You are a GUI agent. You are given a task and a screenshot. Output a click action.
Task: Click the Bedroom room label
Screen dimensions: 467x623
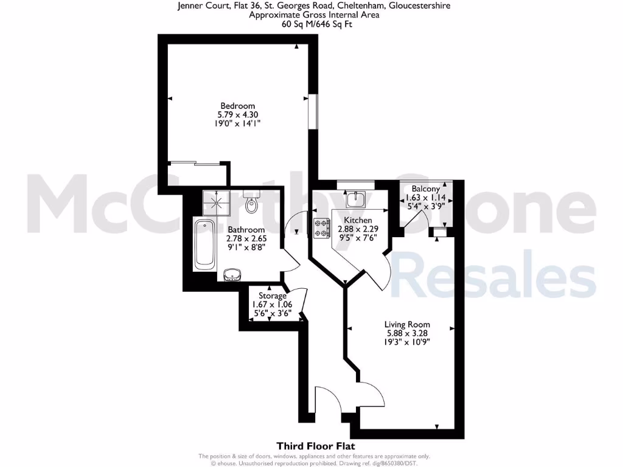[237, 105]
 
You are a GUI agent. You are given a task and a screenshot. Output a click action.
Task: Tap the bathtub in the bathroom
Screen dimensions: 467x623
[204, 244]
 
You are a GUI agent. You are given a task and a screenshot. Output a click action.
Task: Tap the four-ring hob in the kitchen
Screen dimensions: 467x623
[321, 229]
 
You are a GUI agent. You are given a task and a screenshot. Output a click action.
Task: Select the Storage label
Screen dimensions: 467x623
[273, 296]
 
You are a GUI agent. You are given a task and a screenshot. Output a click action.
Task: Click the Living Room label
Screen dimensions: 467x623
[407, 324]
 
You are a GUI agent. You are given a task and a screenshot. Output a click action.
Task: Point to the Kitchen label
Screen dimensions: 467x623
[357, 220]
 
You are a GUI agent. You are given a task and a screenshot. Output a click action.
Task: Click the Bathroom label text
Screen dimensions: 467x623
[246, 230]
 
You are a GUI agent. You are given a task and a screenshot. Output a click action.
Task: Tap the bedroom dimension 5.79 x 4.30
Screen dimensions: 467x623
[237, 114]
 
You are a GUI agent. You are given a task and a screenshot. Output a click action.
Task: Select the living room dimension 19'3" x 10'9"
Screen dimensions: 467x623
[407, 342]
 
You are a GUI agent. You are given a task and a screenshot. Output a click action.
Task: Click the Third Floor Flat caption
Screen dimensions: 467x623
[311, 446]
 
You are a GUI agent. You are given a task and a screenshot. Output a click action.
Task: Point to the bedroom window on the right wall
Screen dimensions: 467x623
[313, 111]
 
